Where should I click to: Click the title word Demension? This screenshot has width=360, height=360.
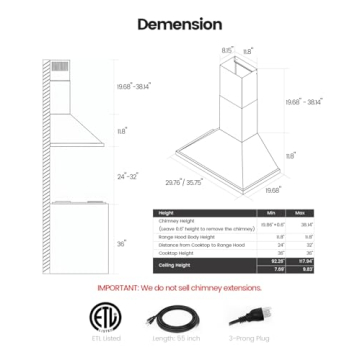click(x=179, y=23)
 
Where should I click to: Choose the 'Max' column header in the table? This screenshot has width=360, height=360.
click(x=300, y=213)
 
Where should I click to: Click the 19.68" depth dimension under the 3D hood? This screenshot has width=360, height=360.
click(x=272, y=188)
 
